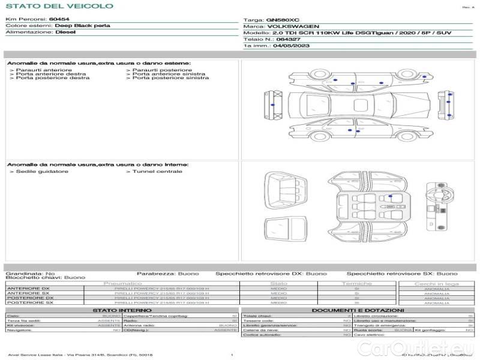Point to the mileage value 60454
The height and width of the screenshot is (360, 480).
[x=59, y=19]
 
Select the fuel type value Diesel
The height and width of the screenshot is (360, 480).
[x=65, y=32]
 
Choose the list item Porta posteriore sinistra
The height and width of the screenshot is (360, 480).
[x=170, y=77]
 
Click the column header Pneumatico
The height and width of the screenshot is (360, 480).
[x=123, y=283]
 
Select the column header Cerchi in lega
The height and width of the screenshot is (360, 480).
[x=436, y=283]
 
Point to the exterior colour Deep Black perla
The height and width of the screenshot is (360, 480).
[x=79, y=26]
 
